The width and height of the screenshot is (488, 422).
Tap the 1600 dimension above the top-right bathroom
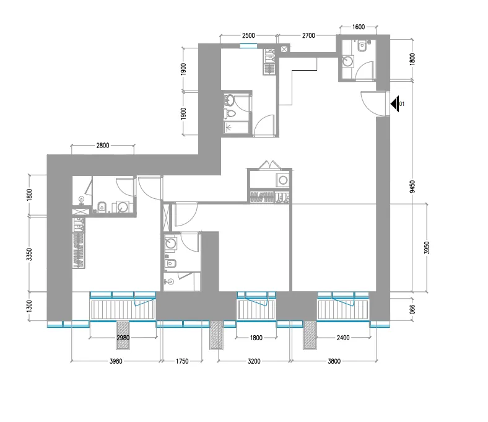(358, 27)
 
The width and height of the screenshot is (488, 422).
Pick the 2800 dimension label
(103, 146)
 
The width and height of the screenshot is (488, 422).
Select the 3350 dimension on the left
(28, 253)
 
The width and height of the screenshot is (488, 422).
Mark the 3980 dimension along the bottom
(116, 361)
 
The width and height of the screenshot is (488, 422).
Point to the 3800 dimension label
(333, 361)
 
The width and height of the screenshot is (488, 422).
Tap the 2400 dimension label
(342, 338)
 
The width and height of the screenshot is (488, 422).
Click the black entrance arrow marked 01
(394, 103)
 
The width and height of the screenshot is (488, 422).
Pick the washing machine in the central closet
(283, 180)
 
